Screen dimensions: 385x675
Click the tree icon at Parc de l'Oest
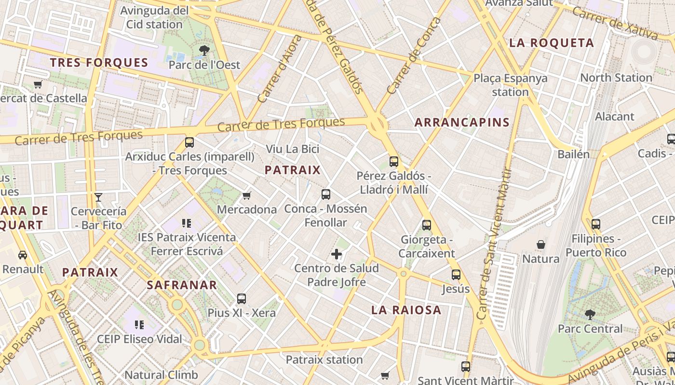tap(204, 50)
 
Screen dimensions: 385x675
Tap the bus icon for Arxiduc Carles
tap(189, 142)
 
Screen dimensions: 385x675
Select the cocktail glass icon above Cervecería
tap(98, 197)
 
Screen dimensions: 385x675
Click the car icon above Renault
tap(23, 255)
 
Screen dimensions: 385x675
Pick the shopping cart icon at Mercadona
tap(247, 195)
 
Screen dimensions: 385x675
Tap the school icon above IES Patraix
tap(187, 223)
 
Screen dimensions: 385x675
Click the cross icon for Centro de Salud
tap(337, 254)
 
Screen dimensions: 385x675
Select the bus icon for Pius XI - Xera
tap(242, 298)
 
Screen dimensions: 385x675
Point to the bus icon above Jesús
tap(456, 275)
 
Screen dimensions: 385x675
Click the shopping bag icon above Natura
tap(541, 244)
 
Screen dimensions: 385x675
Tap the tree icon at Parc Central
tap(590, 315)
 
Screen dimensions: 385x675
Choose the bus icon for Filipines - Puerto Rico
tap(596, 224)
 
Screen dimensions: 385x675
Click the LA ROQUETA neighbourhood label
tap(552, 43)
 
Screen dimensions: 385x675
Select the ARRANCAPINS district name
tap(462, 122)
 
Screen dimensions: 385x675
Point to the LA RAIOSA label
tap(406, 310)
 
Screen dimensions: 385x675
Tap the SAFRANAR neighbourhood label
tap(182, 284)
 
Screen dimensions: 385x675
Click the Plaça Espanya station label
tap(511, 85)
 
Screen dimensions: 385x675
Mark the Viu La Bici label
tap(293, 149)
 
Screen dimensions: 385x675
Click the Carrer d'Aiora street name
tap(279, 69)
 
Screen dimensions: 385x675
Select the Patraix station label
tap(324, 359)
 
